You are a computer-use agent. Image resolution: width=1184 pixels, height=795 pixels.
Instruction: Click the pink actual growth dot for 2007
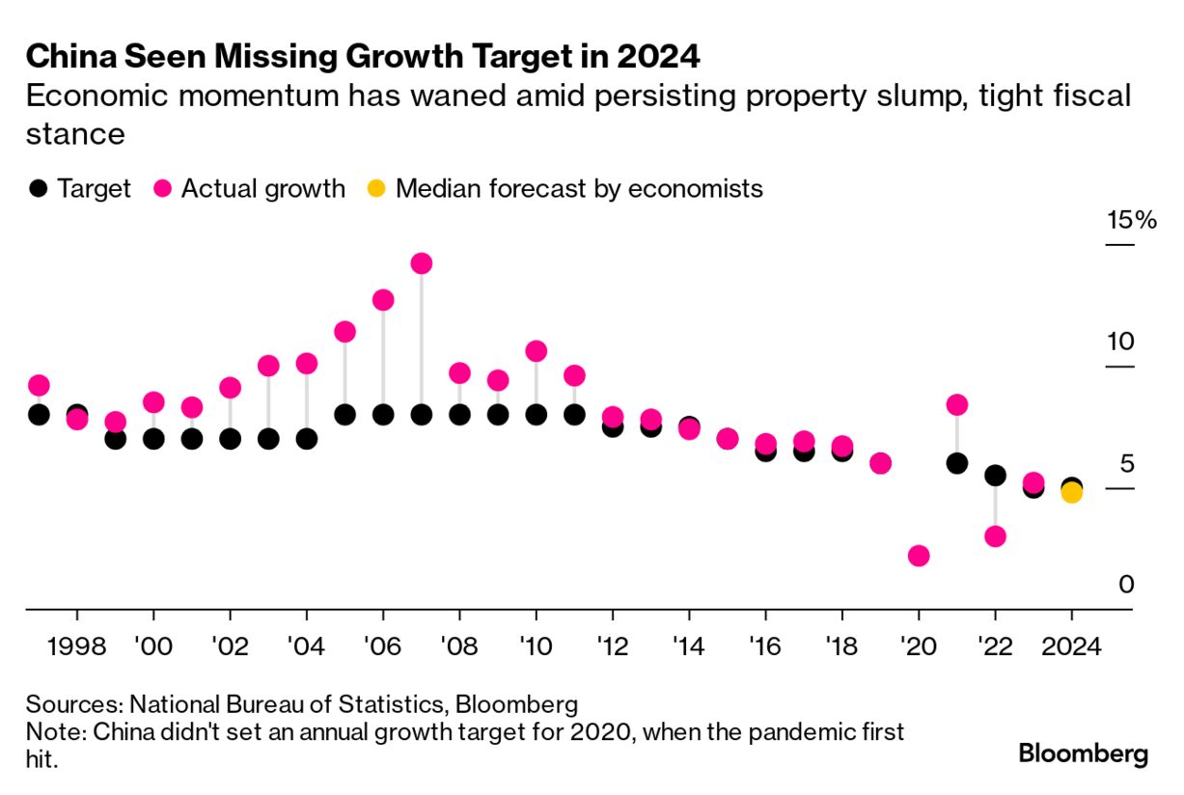coord(421,263)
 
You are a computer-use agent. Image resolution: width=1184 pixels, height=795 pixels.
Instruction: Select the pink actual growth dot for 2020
coord(919,556)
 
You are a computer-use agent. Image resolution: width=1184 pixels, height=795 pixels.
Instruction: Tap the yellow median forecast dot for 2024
coord(1071,493)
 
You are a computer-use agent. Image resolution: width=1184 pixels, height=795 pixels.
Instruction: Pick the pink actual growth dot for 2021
coord(957,404)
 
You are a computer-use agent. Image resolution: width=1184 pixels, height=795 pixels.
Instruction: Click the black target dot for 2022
coord(995,476)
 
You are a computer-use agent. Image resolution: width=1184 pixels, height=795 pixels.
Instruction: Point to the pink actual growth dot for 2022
coord(995,536)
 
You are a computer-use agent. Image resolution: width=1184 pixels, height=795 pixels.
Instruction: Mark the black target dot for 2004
coord(307,439)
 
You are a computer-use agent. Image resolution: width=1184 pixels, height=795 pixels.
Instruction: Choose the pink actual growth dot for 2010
coord(537,351)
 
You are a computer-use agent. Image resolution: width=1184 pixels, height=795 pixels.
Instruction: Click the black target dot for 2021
coord(957,463)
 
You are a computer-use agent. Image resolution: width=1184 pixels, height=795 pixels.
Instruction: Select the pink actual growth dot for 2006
coord(383,300)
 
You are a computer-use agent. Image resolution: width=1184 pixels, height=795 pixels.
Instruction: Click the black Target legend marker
coord(37,188)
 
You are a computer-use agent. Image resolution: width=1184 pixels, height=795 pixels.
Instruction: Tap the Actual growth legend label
coord(262,188)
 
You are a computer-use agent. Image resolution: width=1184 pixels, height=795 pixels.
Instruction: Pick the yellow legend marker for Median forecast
coord(377,188)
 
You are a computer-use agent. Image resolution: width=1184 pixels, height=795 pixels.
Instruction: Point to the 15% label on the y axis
coord(1131,221)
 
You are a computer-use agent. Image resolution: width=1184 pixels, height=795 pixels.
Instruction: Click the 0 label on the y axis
coord(1125,585)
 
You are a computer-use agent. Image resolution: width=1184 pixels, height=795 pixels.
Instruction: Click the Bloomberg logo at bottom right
coord(1084,754)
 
